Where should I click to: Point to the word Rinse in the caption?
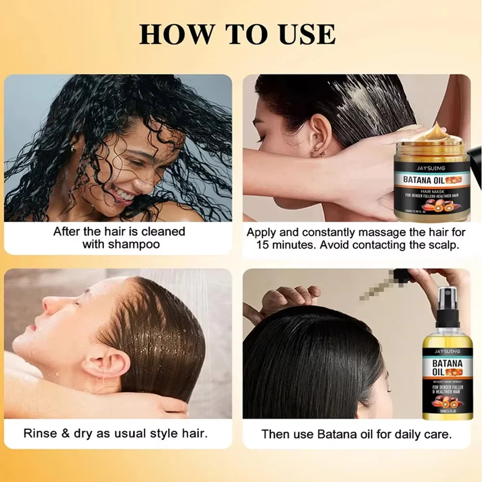(x=41, y=433)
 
